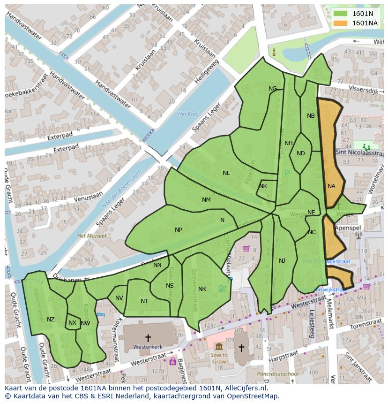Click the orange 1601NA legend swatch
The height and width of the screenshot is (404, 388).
(341, 23)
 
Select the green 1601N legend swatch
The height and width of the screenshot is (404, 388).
(341, 14)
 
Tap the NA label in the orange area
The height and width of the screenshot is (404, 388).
(331, 186)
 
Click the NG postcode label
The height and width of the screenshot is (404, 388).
(273, 89)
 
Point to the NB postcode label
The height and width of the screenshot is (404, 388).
(311, 116)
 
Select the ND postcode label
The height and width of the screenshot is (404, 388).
(301, 153)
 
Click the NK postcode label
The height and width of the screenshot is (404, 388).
(263, 186)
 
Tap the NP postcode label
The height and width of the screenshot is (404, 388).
(179, 230)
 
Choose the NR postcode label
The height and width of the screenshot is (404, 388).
(202, 289)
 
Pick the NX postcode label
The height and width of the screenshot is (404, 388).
(72, 323)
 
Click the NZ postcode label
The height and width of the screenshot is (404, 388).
(51, 320)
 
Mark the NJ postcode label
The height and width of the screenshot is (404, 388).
(282, 261)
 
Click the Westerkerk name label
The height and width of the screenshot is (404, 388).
(148, 347)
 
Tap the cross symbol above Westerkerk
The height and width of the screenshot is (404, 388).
(148, 337)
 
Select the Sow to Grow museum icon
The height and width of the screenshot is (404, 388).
(219, 346)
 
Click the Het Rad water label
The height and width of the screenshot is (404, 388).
(187, 114)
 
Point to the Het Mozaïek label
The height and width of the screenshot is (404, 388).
(92, 236)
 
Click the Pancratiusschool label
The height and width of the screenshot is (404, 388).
(277, 374)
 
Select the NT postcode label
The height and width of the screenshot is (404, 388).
(144, 301)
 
